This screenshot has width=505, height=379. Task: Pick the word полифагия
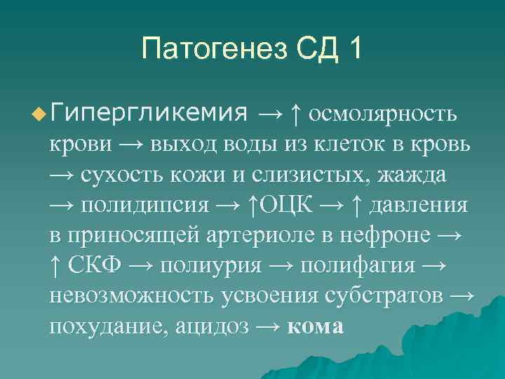363,265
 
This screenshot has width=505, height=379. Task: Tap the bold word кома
316,326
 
